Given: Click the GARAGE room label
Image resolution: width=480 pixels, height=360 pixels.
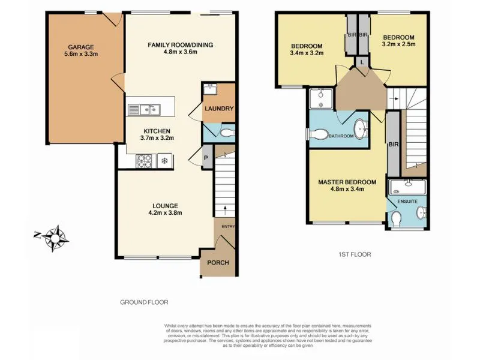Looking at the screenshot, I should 80,46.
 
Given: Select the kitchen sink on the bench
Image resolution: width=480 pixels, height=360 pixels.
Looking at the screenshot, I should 144,109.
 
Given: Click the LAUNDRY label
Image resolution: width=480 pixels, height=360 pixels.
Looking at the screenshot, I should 218,109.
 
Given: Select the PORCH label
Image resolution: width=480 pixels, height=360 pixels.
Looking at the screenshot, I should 218,263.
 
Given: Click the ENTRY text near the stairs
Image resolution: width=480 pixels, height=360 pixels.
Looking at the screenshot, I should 229,226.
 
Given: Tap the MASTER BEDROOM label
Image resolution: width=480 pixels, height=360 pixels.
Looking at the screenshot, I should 347,182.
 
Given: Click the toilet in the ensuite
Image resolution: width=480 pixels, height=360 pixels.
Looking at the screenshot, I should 397,220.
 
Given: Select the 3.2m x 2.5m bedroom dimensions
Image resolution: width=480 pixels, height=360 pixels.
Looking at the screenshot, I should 398,43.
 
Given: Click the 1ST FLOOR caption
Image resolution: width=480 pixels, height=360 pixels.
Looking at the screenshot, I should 354,254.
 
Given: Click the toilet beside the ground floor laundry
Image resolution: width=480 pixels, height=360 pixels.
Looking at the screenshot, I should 226,132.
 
